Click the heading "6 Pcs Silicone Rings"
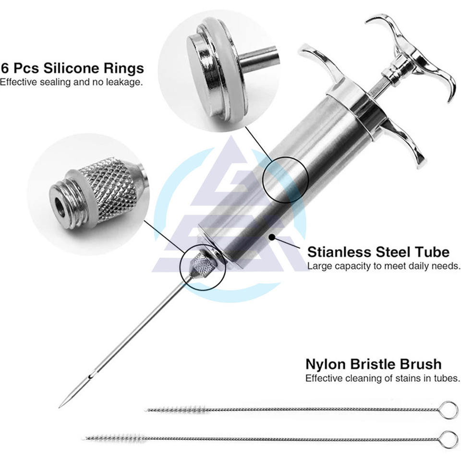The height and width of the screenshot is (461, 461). point(72,67)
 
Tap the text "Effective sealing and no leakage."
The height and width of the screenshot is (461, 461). point(71,82)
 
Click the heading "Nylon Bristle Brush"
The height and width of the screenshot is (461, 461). point(374,364)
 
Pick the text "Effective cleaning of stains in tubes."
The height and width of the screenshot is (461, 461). point(382,378)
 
